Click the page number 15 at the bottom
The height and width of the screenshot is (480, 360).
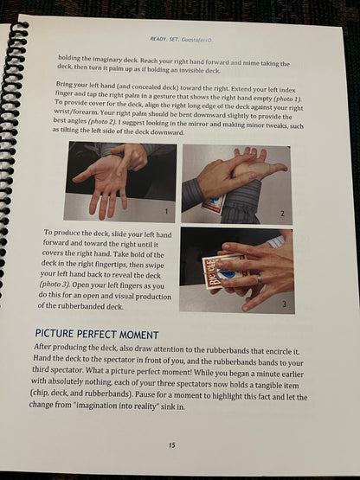[x=172, y=445]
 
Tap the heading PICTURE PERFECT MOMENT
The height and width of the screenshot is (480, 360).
[x=97, y=334]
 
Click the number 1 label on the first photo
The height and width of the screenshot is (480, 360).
[x=166, y=211]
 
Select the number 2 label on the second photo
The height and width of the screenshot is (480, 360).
[x=282, y=214]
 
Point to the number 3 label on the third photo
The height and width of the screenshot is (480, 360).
[x=284, y=304]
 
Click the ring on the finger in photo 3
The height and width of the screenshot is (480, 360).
[x=260, y=278]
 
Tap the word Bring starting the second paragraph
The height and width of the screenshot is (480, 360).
[x=64, y=84]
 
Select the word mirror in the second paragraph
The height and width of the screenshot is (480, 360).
[x=191, y=125]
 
